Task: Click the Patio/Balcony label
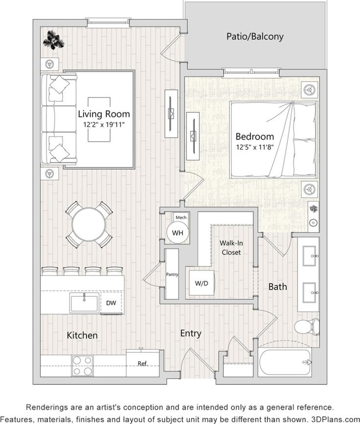click(255, 37)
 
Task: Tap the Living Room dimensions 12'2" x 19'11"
click(104, 124)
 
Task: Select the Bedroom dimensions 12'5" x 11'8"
click(255, 146)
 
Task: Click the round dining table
click(89, 225)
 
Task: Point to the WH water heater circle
click(178, 233)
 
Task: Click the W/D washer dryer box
click(201, 283)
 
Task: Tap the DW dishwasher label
click(111, 303)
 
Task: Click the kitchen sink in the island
click(84, 303)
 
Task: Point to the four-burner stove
click(83, 365)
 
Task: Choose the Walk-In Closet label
click(230, 247)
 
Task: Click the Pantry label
click(172, 274)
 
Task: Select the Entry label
click(191, 333)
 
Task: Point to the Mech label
click(181, 217)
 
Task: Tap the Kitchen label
click(82, 335)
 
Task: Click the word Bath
click(277, 287)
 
